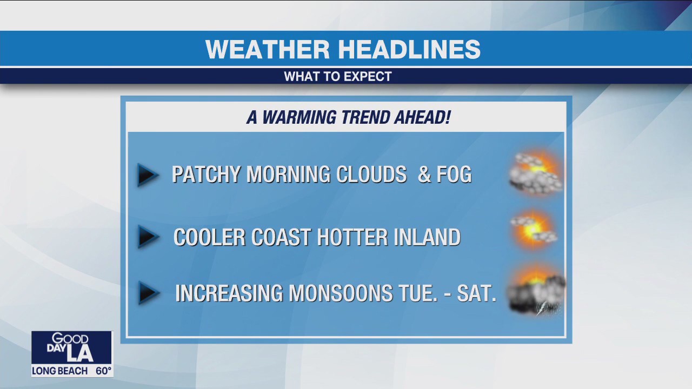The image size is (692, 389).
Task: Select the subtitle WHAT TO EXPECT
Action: pyautogui.click(x=338, y=77)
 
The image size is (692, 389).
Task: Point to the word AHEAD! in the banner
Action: pyautogui.click(x=424, y=117)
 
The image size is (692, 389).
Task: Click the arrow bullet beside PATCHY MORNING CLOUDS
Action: pyautogui.click(x=147, y=175)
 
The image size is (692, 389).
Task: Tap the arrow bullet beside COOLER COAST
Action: pyautogui.click(x=147, y=237)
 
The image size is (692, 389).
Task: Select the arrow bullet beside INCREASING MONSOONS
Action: pyautogui.click(x=148, y=293)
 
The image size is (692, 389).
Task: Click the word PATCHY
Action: pyautogui.click(x=207, y=175)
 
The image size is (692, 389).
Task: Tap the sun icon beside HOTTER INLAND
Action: pyautogui.click(x=534, y=230)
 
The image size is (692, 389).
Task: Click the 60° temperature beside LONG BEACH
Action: pyautogui.click(x=103, y=371)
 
